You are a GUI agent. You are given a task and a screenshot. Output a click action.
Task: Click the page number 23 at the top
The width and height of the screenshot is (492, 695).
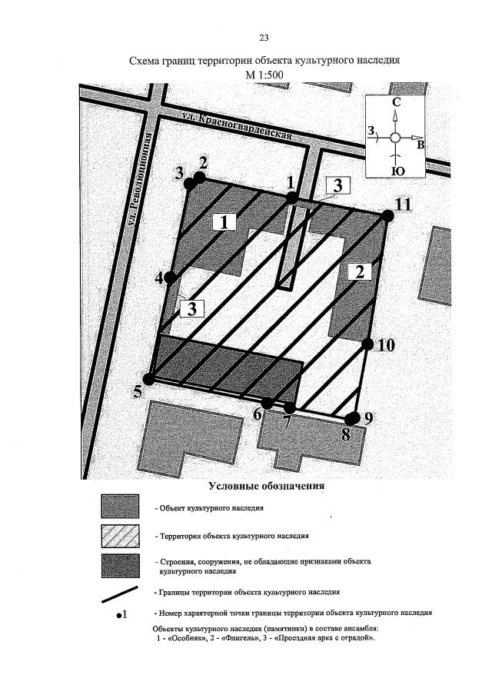coord(264,38)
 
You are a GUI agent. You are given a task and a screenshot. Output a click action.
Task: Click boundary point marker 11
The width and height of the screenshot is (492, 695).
coord(388,216)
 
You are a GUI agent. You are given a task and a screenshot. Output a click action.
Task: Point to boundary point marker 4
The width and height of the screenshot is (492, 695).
coord(171,278)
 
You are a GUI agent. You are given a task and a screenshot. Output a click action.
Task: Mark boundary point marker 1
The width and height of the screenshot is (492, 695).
coord(292,198)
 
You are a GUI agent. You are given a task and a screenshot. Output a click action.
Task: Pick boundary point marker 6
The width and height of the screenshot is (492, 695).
coord(267,403)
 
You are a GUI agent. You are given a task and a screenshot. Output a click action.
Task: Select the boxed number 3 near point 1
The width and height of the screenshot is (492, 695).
coord(337,185)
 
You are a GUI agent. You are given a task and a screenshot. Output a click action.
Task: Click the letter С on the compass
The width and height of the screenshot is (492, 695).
coord(396,102)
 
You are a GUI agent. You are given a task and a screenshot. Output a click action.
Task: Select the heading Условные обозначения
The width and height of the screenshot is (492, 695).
coord(266,487)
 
